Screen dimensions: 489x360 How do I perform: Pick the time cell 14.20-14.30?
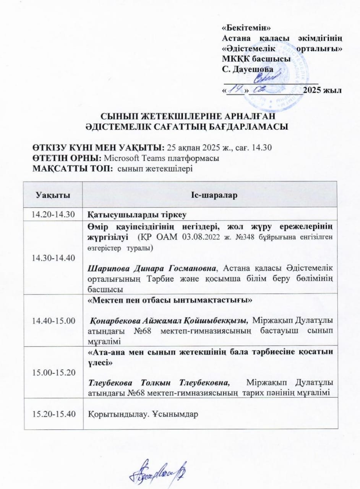point(53,214)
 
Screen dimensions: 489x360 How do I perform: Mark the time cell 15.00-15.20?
point(53,372)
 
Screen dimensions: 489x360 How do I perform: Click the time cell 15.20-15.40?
point(53,414)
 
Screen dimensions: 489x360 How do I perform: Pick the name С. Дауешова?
point(248,69)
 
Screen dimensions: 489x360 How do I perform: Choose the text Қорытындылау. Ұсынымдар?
point(143,414)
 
